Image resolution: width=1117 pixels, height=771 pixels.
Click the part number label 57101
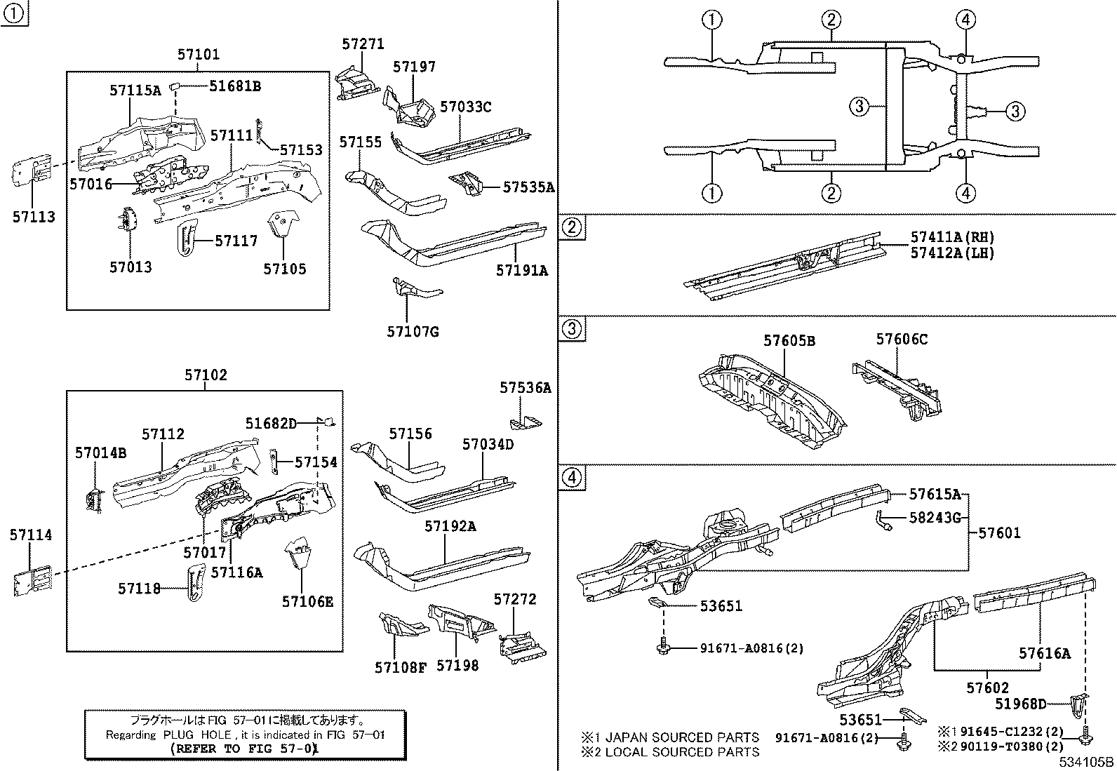pyautogui.click(x=198, y=54)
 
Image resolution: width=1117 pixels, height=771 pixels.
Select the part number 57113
pyautogui.click(x=33, y=217)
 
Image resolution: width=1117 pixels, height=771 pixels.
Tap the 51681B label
pyautogui.click(x=235, y=86)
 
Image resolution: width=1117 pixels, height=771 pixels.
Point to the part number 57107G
pyautogui.click(x=413, y=331)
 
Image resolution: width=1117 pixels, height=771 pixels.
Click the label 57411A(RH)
pyautogui.click(x=953, y=238)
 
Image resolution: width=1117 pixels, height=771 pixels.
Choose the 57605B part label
pyautogui.click(x=789, y=341)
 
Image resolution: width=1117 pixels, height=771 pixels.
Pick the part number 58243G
pyautogui.click(x=935, y=518)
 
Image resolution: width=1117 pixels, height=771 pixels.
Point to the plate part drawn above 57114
pyautogui.click(x=32, y=579)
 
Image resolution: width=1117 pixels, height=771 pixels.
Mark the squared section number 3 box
pyautogui.click(x=573, y=329)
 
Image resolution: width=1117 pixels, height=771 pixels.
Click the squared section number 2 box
pyautogui.click(x=573, y=227)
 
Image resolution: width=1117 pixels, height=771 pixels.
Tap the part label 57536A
pyautogui.click(x=525, y=387)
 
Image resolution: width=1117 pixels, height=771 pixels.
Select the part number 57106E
pyautogui.click(x=307, y=601)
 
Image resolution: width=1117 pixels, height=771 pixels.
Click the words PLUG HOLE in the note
pyautogui.click(x=186, y=735)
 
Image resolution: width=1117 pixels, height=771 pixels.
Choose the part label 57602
pyautogui.click(x=987, y=689)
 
